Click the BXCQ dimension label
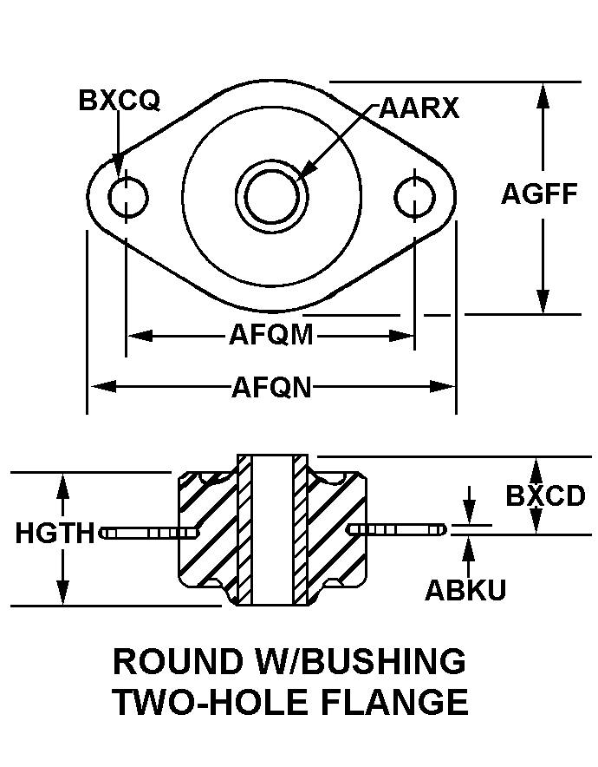point(119,102)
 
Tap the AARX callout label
point(419,109)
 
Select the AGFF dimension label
point(539,193)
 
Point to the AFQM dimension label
point(270,335)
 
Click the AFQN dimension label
point(270,386)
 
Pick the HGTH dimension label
point(55,533)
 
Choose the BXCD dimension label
point(546,496)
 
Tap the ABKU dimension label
point(465,590)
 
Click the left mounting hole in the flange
point(128,198)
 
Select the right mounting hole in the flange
point(414,198)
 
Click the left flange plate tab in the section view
point(143,532)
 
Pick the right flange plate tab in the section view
point(399,528)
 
